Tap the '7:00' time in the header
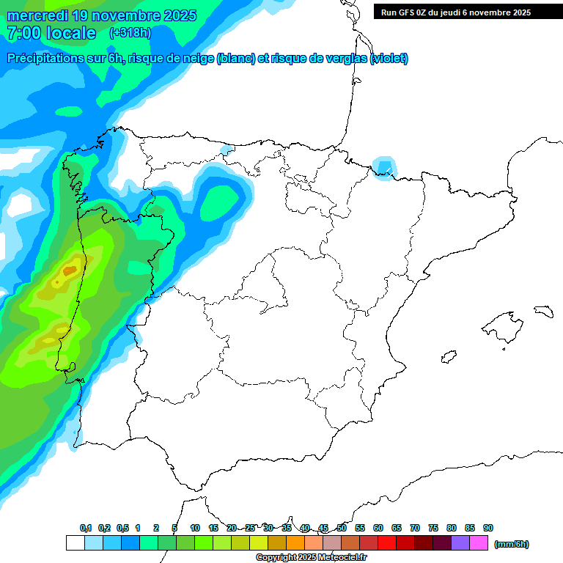pyautogui.click(x=23, y=33)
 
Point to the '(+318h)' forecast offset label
pyautogui.click(x=130, y=33)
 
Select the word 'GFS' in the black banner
pyautogui.click(x=408, y=12)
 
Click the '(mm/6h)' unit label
pyautogui.click(x=511, y=544)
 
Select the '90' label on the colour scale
pyautogui.click(x=488, y=528)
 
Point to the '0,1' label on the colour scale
pyautogui.click(x=85, y=528)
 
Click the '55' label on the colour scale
pyautogui.click(x=360, y=528)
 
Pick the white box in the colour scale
pyautogui.click(x=75, y=543)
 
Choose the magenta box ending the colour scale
pyautogui.click(x=479, y=543)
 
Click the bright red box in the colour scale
pyautogui.click(x=387, y=543)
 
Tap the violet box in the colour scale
pyautogui.click(x=460, y=543)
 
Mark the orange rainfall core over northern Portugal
pyautogui.click(x=69, y=271)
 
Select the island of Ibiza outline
pyautogui.click(x=449, y=357)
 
